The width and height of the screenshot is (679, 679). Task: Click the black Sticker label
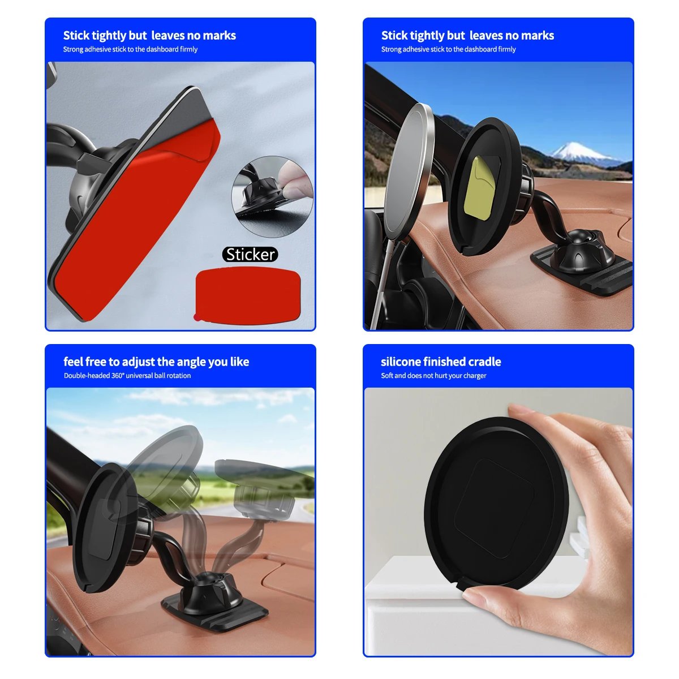[x=251, y=255]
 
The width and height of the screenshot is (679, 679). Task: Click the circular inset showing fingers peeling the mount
[x=273, y=196]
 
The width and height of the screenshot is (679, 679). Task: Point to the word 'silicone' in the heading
[x=401, y=362]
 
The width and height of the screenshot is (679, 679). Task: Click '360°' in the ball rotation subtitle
[x=117, y=376]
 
